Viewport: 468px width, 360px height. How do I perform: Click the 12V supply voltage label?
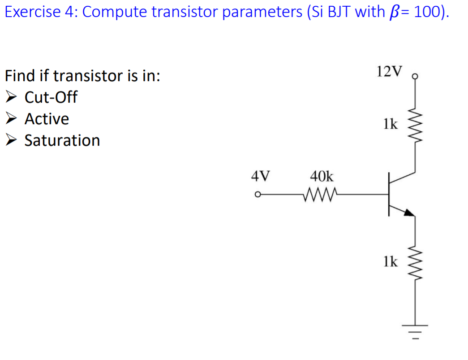click(x=390, y=71)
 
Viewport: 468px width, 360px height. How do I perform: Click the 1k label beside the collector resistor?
click(x=390, y=124)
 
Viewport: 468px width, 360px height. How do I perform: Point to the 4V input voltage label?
click(x=260, y=175)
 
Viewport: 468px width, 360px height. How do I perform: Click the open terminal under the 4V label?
click(x=257, y=195)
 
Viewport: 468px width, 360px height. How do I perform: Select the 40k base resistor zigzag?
click(x=321, y=195)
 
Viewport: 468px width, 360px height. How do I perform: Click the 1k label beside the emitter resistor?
click(x=390, y=261)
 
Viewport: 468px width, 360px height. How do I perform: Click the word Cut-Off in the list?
click(x=51, y=97)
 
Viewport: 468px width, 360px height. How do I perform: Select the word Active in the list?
click(x=47, y=119)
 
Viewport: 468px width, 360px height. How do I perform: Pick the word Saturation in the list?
click(x=62, y=141)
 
